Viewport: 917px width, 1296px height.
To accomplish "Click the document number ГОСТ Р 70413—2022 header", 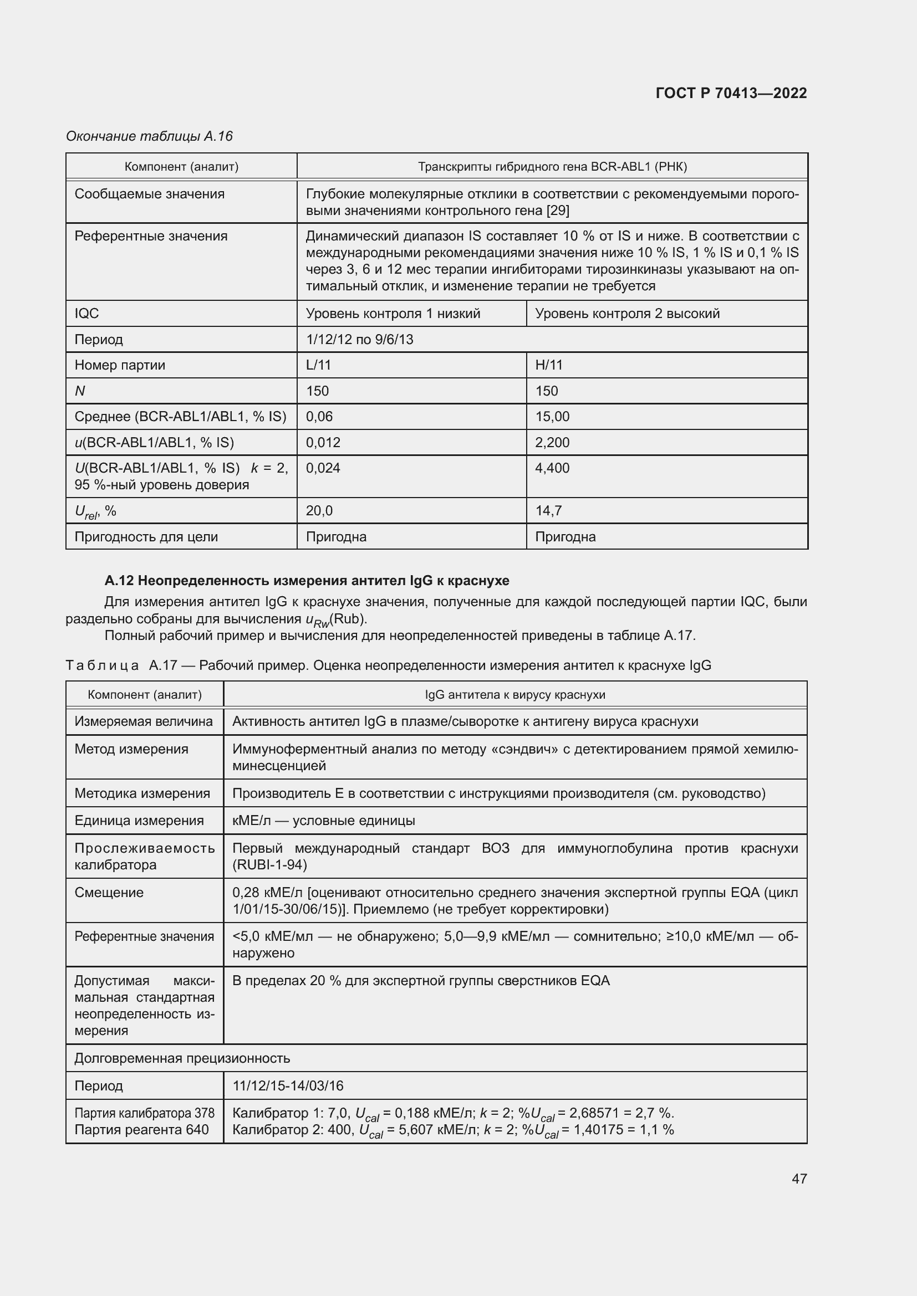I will (731, 93).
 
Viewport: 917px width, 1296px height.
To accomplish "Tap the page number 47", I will (799, 1178).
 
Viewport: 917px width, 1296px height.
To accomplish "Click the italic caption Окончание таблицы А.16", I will (149, 136).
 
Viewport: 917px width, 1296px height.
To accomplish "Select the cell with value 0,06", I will (319, 417).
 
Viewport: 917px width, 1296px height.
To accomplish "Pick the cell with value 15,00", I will (552, 417).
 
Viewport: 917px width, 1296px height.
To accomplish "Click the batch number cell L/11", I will (318, 365).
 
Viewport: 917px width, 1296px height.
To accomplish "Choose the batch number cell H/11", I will (548, 365).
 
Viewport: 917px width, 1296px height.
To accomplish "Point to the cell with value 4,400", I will (552, 468).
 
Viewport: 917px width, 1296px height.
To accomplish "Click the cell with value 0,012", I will (323, 443).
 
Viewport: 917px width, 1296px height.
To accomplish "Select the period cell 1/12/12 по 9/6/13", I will (359, 339).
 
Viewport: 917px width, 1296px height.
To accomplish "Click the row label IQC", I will (86, 314).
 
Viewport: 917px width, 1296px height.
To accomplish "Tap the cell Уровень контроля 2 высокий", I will (627, 314).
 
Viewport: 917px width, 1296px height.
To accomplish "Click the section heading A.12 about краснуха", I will (307, 580).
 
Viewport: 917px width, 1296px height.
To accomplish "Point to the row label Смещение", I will (109, 893).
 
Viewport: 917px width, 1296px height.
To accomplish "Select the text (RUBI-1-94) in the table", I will (269, 865).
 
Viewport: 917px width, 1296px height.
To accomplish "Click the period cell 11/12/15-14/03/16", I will (287, 1085).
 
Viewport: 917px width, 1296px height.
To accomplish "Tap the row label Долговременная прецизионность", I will (182, 1058).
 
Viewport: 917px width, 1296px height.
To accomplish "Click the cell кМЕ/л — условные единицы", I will (323, 821).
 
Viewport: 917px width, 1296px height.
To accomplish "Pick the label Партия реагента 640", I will (141, 1129).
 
